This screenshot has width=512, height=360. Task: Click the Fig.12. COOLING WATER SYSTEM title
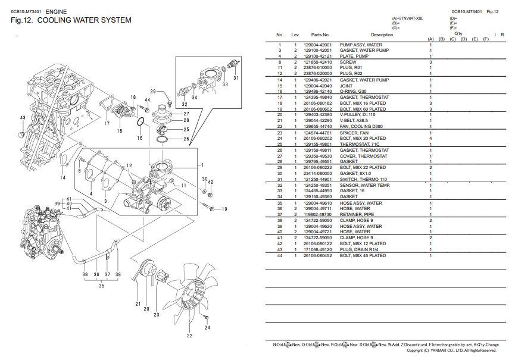(x=71, y=20)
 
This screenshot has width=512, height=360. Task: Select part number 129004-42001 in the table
(x=318, y=45)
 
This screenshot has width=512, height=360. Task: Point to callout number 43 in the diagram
(x=23, y=118)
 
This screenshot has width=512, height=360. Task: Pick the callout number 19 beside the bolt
(x=224, y=209)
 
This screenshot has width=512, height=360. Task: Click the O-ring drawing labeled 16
(x=140, y=123)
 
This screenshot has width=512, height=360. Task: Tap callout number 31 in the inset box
(x=236, y=77)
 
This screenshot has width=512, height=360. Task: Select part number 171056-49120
(x=318, y=249)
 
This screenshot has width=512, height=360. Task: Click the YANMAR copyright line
(x=452, y=350)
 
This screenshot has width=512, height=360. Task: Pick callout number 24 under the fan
(x=207, y=327)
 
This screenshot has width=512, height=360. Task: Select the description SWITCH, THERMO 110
(x=363, y=180)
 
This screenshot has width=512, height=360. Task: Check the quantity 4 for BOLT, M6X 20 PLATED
(x=430, y=139)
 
